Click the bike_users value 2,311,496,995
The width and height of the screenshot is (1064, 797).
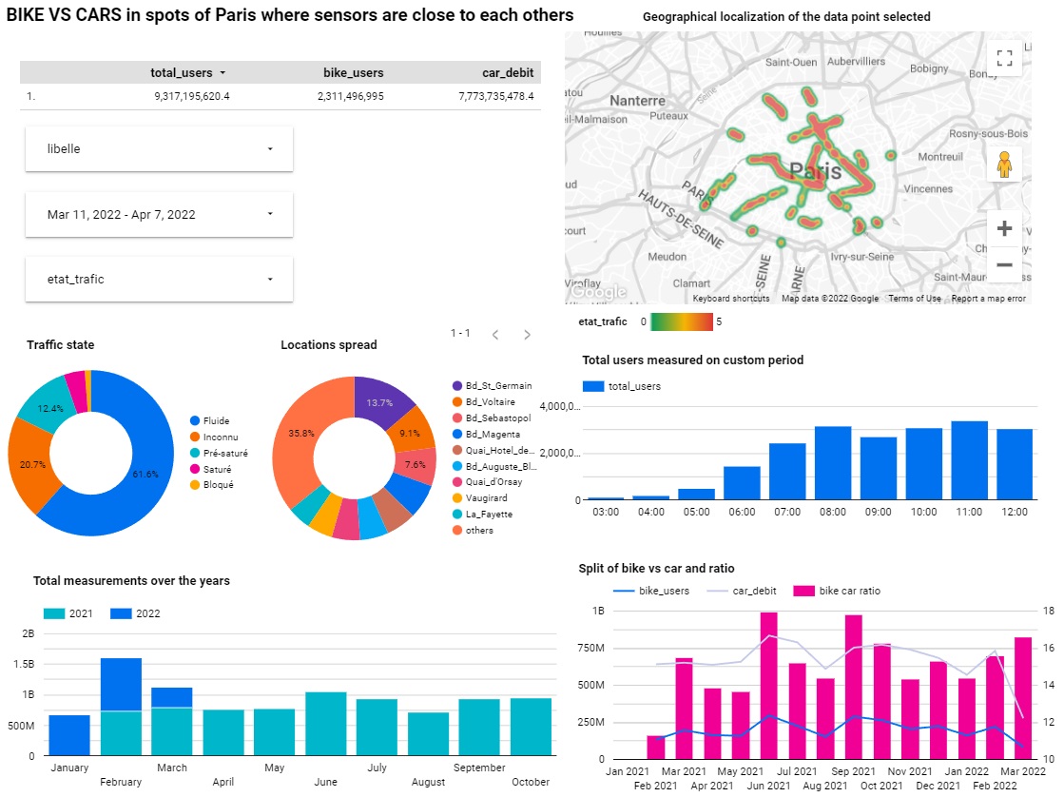pos(351,96)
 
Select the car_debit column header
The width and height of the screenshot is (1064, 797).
pos(507,72)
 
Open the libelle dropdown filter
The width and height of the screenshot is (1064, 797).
pos(159,149)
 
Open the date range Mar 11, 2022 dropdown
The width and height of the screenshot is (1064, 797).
pos(159,214)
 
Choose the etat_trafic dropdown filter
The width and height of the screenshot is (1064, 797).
pos(159,279)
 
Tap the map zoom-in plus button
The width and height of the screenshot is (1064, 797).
pos(1003,228)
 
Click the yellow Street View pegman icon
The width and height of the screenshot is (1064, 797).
pos(1003,165)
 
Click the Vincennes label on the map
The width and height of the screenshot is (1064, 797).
pos(928,188)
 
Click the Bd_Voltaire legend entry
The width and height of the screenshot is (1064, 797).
pos(492,401)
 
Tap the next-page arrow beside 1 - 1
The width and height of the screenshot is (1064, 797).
pos(528,334)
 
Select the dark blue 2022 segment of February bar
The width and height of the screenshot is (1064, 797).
pos(121,684)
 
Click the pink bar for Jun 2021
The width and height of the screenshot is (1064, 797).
pos(768,685)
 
